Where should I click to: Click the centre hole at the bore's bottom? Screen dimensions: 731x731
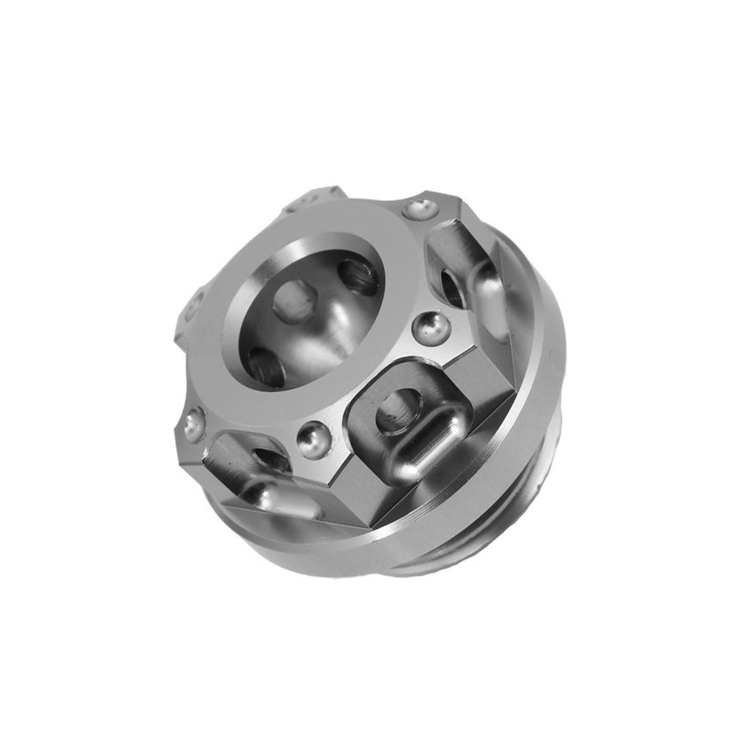tap(294, 300)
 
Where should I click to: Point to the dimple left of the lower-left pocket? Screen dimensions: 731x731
tap(194, 424)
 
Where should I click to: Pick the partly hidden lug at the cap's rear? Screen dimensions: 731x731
tap(311, 198)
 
